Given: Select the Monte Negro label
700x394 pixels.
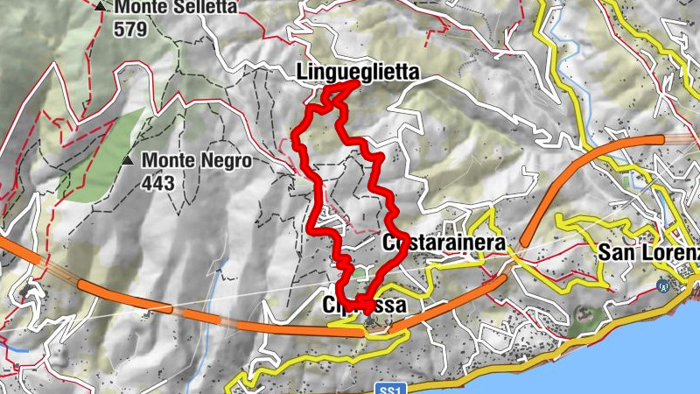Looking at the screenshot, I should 197,161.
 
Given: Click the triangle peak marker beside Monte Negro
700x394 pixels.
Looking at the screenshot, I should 129,161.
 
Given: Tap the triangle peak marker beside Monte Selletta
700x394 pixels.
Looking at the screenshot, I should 102,7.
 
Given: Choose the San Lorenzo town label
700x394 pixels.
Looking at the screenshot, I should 648,252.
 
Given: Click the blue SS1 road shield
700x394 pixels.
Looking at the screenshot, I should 389,387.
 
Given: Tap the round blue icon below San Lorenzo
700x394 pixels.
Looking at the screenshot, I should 663,285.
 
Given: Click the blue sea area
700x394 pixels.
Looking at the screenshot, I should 612,350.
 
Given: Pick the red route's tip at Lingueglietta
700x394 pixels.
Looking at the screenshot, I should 355,83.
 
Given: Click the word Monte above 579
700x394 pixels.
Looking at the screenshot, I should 138,7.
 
